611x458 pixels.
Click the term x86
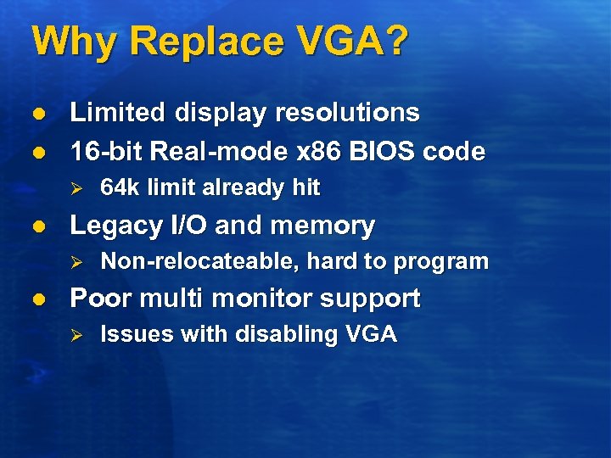tap(311, 152)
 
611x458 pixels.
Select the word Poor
tap(97, 299)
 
